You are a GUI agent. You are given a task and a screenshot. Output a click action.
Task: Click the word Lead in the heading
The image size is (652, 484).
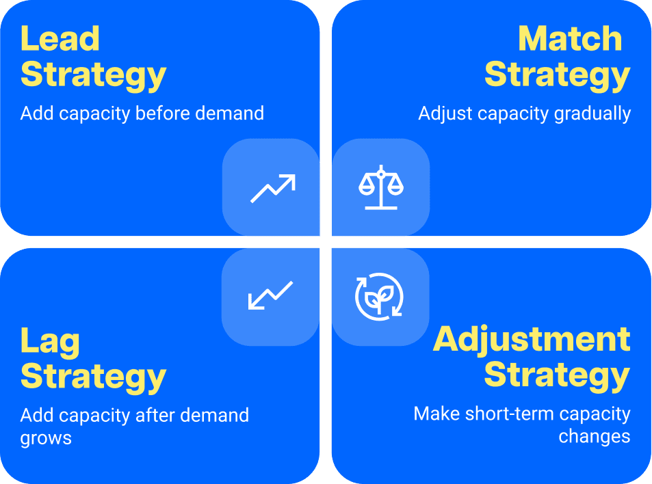pos(60,39)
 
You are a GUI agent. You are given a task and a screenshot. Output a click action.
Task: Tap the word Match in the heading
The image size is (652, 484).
pos(571,39)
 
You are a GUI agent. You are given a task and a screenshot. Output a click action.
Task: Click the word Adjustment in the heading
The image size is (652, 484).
pos(532,339)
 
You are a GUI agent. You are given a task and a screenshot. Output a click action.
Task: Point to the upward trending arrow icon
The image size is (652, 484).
pos(272,188)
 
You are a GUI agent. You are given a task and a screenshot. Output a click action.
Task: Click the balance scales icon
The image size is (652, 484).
pos(381,187)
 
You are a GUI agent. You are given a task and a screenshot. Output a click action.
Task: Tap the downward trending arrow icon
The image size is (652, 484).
pos(270,295)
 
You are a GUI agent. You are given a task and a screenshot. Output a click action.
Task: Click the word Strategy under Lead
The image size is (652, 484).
pos(94,75)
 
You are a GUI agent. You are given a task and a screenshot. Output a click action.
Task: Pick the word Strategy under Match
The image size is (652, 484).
pos(557,75)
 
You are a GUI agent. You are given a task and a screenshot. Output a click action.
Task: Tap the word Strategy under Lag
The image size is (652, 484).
pos(94,377)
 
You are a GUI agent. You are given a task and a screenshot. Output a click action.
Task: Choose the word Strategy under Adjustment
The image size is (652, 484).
pos(557,375)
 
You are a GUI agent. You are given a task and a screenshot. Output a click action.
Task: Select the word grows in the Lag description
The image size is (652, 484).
pos(46,438)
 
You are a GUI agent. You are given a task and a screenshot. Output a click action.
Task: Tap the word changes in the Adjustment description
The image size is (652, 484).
pos(594,436)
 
